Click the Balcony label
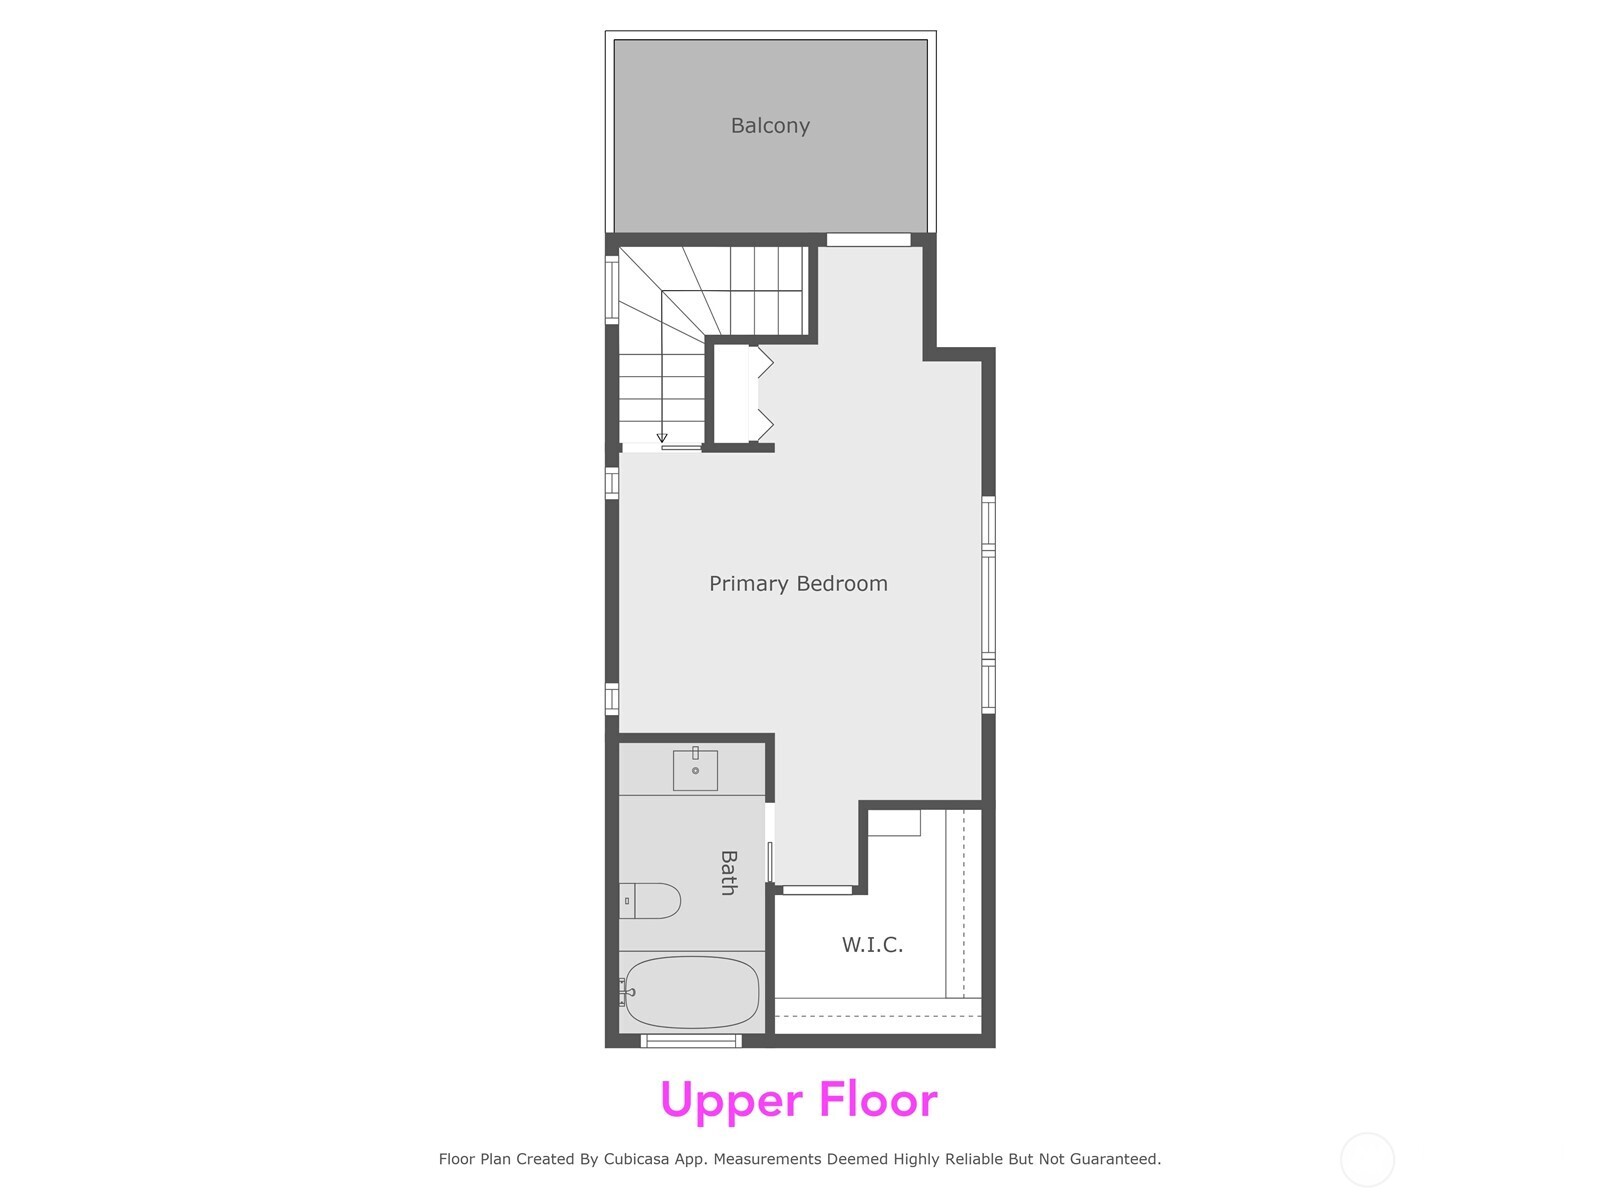tap(770, 126)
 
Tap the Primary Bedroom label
tap(798, 584)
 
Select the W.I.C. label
tap(872, 945)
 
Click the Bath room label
tap(729, 872)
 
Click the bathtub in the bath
tap(692, 992)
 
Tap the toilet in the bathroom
tap(650, 901)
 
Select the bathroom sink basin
tap(695, 770)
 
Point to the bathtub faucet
tap(627, 993)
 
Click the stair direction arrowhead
tap(662, 438)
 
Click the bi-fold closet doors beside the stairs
tap(762, 394)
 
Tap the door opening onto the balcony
tap(868, 240)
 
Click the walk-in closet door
tap(817, 889)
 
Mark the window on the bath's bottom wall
tap(691, 1041)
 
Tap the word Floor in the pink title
tap(878, 1100)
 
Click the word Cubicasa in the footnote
tap(643, 1160)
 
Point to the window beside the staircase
tap(612, 290)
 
